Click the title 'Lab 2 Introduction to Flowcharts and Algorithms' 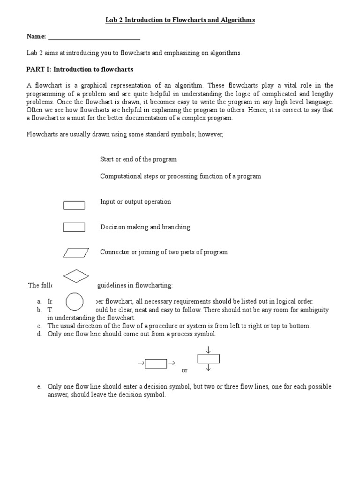click(180, 20)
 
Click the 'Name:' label click(36, 37)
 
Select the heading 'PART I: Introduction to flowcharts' click(80, 69)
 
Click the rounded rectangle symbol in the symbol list click(74, 205)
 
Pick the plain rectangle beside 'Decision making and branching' click(74, 227)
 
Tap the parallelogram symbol click(75, 253)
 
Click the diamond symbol click(75, 276)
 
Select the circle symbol click(75, 302)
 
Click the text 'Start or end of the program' click(138, 159)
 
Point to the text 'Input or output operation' click(135, 202)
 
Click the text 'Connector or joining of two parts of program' click(164, 252)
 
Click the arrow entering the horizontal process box click(140, 363)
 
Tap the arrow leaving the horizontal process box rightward click(171, 363)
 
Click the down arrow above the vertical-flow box click(208, 349)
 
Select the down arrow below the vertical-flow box click(208, 368)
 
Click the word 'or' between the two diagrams click(185, 370)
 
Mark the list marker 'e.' click(39, 387)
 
